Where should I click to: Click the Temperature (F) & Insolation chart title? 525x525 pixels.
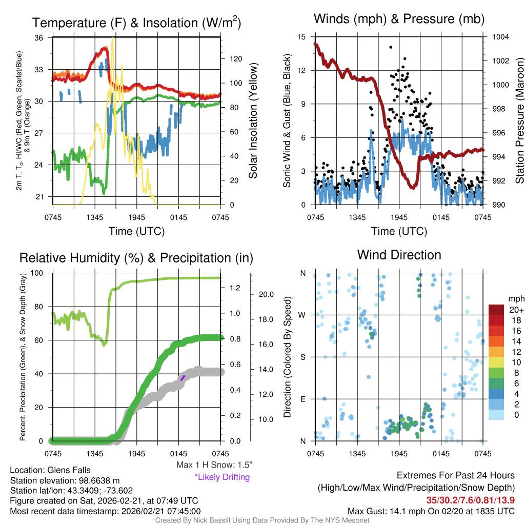pyautogui.click(x=136, y=23)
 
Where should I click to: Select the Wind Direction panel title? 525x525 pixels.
pyautogui.click(x=399, y=255)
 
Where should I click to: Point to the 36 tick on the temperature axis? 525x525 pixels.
pyautogui.click(x=45, y=37)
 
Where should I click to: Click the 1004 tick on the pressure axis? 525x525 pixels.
pyautogui.click(x=499, y=37)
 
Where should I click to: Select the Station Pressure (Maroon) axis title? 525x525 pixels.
pyautogui.click(x=519, y=121)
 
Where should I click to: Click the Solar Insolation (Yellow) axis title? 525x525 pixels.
pyautogui.click(x=253, y=121)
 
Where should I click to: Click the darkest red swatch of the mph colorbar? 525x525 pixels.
pyautogui.click(x=496, y=310)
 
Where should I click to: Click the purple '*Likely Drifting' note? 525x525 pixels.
pyautogui.click(x=222, y=477)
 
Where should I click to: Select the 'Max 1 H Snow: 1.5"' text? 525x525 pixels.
pyautogui.click(x=214, y=465)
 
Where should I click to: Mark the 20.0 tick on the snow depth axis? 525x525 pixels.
pyautogui.click(x=265, y=295)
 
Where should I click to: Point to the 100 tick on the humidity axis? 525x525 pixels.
pyautogui.click(x=42, y=273)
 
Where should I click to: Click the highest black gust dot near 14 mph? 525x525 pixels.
pyautogui.click(x=391, y=47)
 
